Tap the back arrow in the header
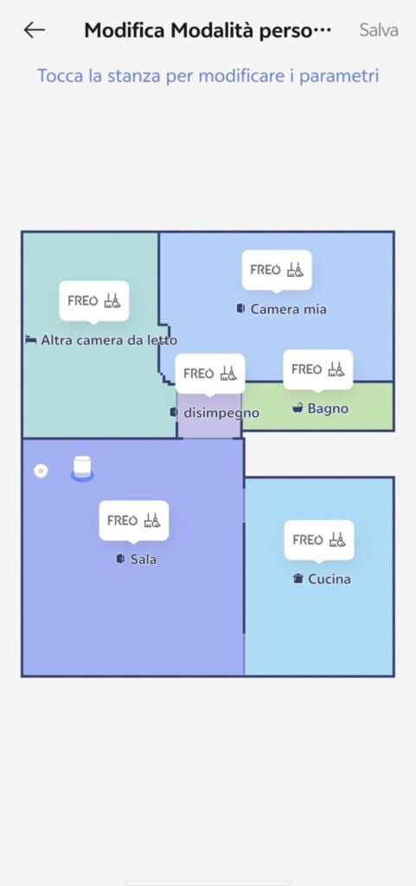coord(34,30)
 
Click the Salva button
coord(379,30)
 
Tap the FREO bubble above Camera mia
coord(277,270)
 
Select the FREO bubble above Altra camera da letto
coord(94,301)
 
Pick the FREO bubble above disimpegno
coord(210,374)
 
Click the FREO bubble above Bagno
coord(317,369)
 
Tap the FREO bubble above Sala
coord(134,520)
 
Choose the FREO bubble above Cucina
coord(319,540)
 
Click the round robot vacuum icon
coord(40,471)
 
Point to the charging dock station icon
coord(82,469)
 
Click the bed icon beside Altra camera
coord(31,340)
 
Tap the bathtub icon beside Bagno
coord(298,408)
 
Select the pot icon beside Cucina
coord(298,579)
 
